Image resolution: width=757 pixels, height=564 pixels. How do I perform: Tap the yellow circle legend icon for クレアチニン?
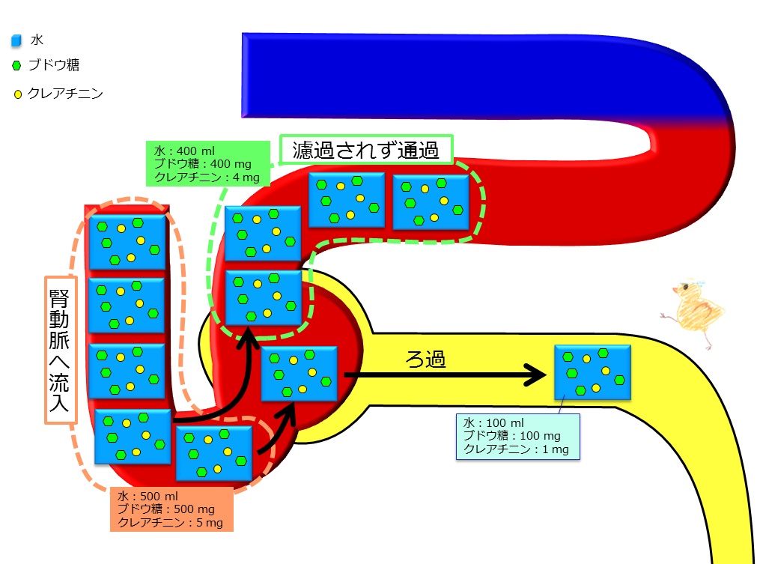(x=17, y=95)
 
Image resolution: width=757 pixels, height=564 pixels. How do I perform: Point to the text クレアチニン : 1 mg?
(x=516, y=449)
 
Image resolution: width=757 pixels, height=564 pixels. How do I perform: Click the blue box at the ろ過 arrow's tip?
(x=592, y=372)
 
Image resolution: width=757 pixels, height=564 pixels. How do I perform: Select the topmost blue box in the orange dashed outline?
(x=127, y=242)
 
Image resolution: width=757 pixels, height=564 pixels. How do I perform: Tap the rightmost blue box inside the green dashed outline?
(x=431, y=201)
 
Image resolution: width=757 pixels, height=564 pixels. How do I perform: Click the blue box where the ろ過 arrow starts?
(x=299, y=375)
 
